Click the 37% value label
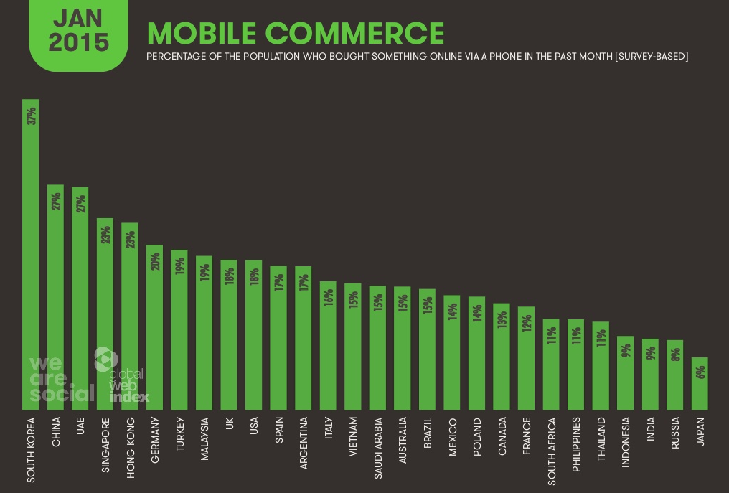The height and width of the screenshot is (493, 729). click(31, 116)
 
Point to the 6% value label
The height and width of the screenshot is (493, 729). click(700, 372)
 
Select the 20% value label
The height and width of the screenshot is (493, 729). click(154, 261)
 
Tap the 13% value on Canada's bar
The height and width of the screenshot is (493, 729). click(502, 319)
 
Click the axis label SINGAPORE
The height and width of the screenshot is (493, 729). click(105, 444)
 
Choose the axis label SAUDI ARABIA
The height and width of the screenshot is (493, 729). click(378, 448)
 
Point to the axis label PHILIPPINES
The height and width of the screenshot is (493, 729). click(576, 444)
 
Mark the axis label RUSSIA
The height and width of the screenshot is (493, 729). click(675, 433)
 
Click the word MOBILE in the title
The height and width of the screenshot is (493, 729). click(201, 34)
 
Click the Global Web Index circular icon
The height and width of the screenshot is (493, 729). click(105, 359)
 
